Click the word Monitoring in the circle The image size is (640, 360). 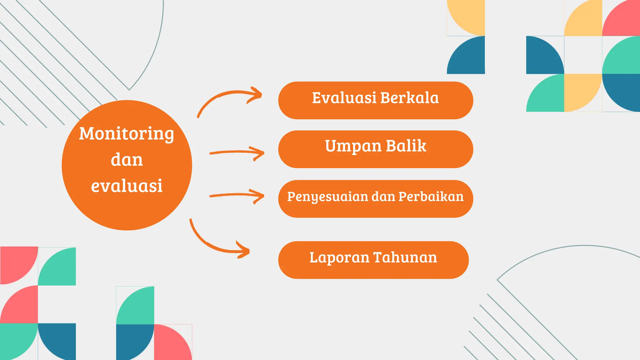pyautogui.click(x=126, y=134)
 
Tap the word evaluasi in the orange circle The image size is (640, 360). pyautogui.click(x=127, y=186)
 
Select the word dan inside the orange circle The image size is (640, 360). pyautogui.click(x=127, y=160)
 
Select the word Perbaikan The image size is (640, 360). pyautogui.click(x=431, y=197)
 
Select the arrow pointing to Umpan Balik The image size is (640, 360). pyautogui.click(x=237, y=152)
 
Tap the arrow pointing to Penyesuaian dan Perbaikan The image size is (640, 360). pyautogui.click(x=237, y=196)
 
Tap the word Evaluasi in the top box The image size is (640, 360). pyautogui.click(x=344, y=98)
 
